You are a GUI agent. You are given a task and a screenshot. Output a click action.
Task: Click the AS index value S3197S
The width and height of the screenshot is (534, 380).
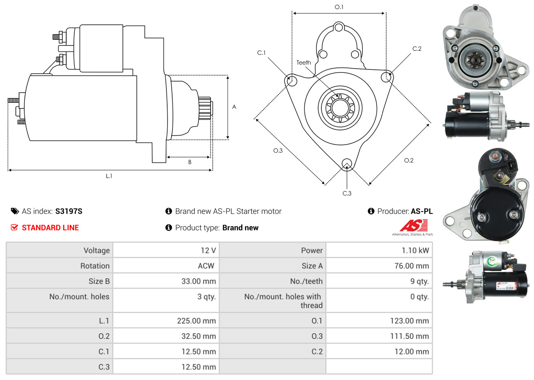pyautogui.click(x=69, y=211)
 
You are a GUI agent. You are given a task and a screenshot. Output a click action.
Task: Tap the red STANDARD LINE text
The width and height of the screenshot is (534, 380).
pyautogui.click(x=50, y=228)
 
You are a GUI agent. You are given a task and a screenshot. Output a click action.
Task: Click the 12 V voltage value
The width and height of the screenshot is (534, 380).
pyautogui.click(x=208, y=250)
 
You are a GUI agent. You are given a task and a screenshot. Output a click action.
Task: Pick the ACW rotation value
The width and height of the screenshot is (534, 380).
pyautogui.click(x=206, y=266)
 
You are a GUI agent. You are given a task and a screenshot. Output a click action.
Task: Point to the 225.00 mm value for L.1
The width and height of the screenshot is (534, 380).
pyautogui.click(x=196, y=321)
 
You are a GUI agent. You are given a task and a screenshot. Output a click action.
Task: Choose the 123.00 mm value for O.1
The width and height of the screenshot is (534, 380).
pyautogui.click(x=409, y=321)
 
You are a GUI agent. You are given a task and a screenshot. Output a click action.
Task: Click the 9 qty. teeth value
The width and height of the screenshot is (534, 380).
pyautogui.click(x=419, y=281)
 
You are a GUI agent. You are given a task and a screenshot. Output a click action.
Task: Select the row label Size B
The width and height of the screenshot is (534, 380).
pyautogui.click(x=99, y=281)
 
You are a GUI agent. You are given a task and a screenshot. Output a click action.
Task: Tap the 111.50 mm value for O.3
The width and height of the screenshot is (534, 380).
pyautogui.click(x=409, y=336)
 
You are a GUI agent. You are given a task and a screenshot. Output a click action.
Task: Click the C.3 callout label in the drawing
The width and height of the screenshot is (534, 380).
pyautogui.click(x=347, y=193)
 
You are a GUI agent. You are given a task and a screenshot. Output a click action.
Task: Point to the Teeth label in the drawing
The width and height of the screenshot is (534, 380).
pyautogui.click(x=304, y=63)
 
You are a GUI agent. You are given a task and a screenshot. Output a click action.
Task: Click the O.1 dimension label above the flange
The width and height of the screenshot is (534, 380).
pyautogui.click(x=339, y=7)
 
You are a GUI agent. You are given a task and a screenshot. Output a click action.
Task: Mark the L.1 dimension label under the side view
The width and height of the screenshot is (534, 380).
pyautogui.click(x=109, y=176)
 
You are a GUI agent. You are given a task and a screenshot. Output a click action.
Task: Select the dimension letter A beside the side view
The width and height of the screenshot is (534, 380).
pyautogui.click(x=234, y=107)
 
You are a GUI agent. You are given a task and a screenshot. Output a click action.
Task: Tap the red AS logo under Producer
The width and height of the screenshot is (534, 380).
pyautogui.click(x=413, y=226)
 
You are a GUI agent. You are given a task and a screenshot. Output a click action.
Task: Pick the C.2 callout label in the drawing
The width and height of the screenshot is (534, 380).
pyautogui.click(x=417, y=49)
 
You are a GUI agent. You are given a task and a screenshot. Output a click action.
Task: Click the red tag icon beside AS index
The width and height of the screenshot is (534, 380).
pyautogui.click(x=15, y=211)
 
